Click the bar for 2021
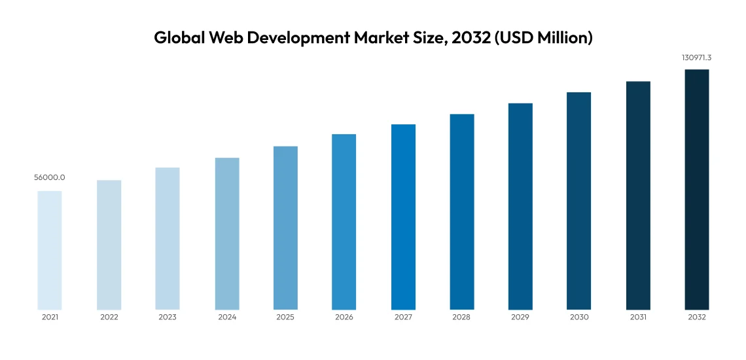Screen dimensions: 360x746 (50, 250)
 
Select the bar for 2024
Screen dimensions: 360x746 (227, 234)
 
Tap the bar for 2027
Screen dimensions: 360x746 (403, 217)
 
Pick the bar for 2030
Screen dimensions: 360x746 (578, 201)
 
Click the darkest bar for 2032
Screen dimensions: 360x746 (696, 189)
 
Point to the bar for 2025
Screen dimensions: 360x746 (285, 228)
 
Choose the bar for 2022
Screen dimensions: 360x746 (109, 245)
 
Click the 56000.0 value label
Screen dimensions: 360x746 (50, 177)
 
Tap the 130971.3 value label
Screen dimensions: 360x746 (696, 58)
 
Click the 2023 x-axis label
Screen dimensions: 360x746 (168, 317)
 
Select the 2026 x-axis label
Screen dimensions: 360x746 (344, 317)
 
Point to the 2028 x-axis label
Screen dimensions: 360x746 (461, 317)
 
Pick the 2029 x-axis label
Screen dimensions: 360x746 (520, 317)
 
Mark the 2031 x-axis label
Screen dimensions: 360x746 (638, 317)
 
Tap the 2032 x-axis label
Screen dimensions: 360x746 (696, 317)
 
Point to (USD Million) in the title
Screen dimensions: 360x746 (543, 38)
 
